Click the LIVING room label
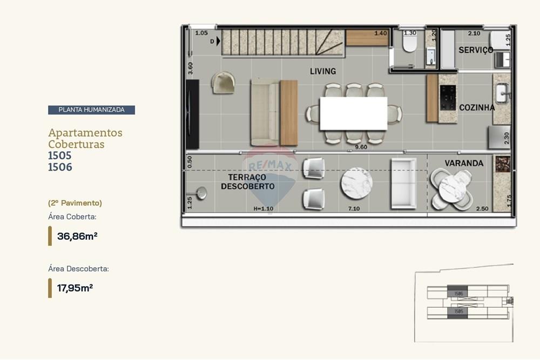pos(323,71)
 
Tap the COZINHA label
pos(477,107)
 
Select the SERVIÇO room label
pos(476,50)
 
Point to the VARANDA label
pos(464,162)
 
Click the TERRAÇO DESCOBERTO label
pos(247,182)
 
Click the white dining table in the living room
pos(353,113)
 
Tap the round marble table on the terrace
pos(356,184)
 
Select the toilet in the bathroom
pos(410,43)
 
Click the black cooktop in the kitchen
pos(448,98)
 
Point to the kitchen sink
pos(502,93)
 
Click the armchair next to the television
pos(223,83)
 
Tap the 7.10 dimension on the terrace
pos(354,208)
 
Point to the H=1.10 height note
pos(264,208)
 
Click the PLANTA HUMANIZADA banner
pos(91,110)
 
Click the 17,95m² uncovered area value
pos(75,288)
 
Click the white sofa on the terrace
pos(403,184)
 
